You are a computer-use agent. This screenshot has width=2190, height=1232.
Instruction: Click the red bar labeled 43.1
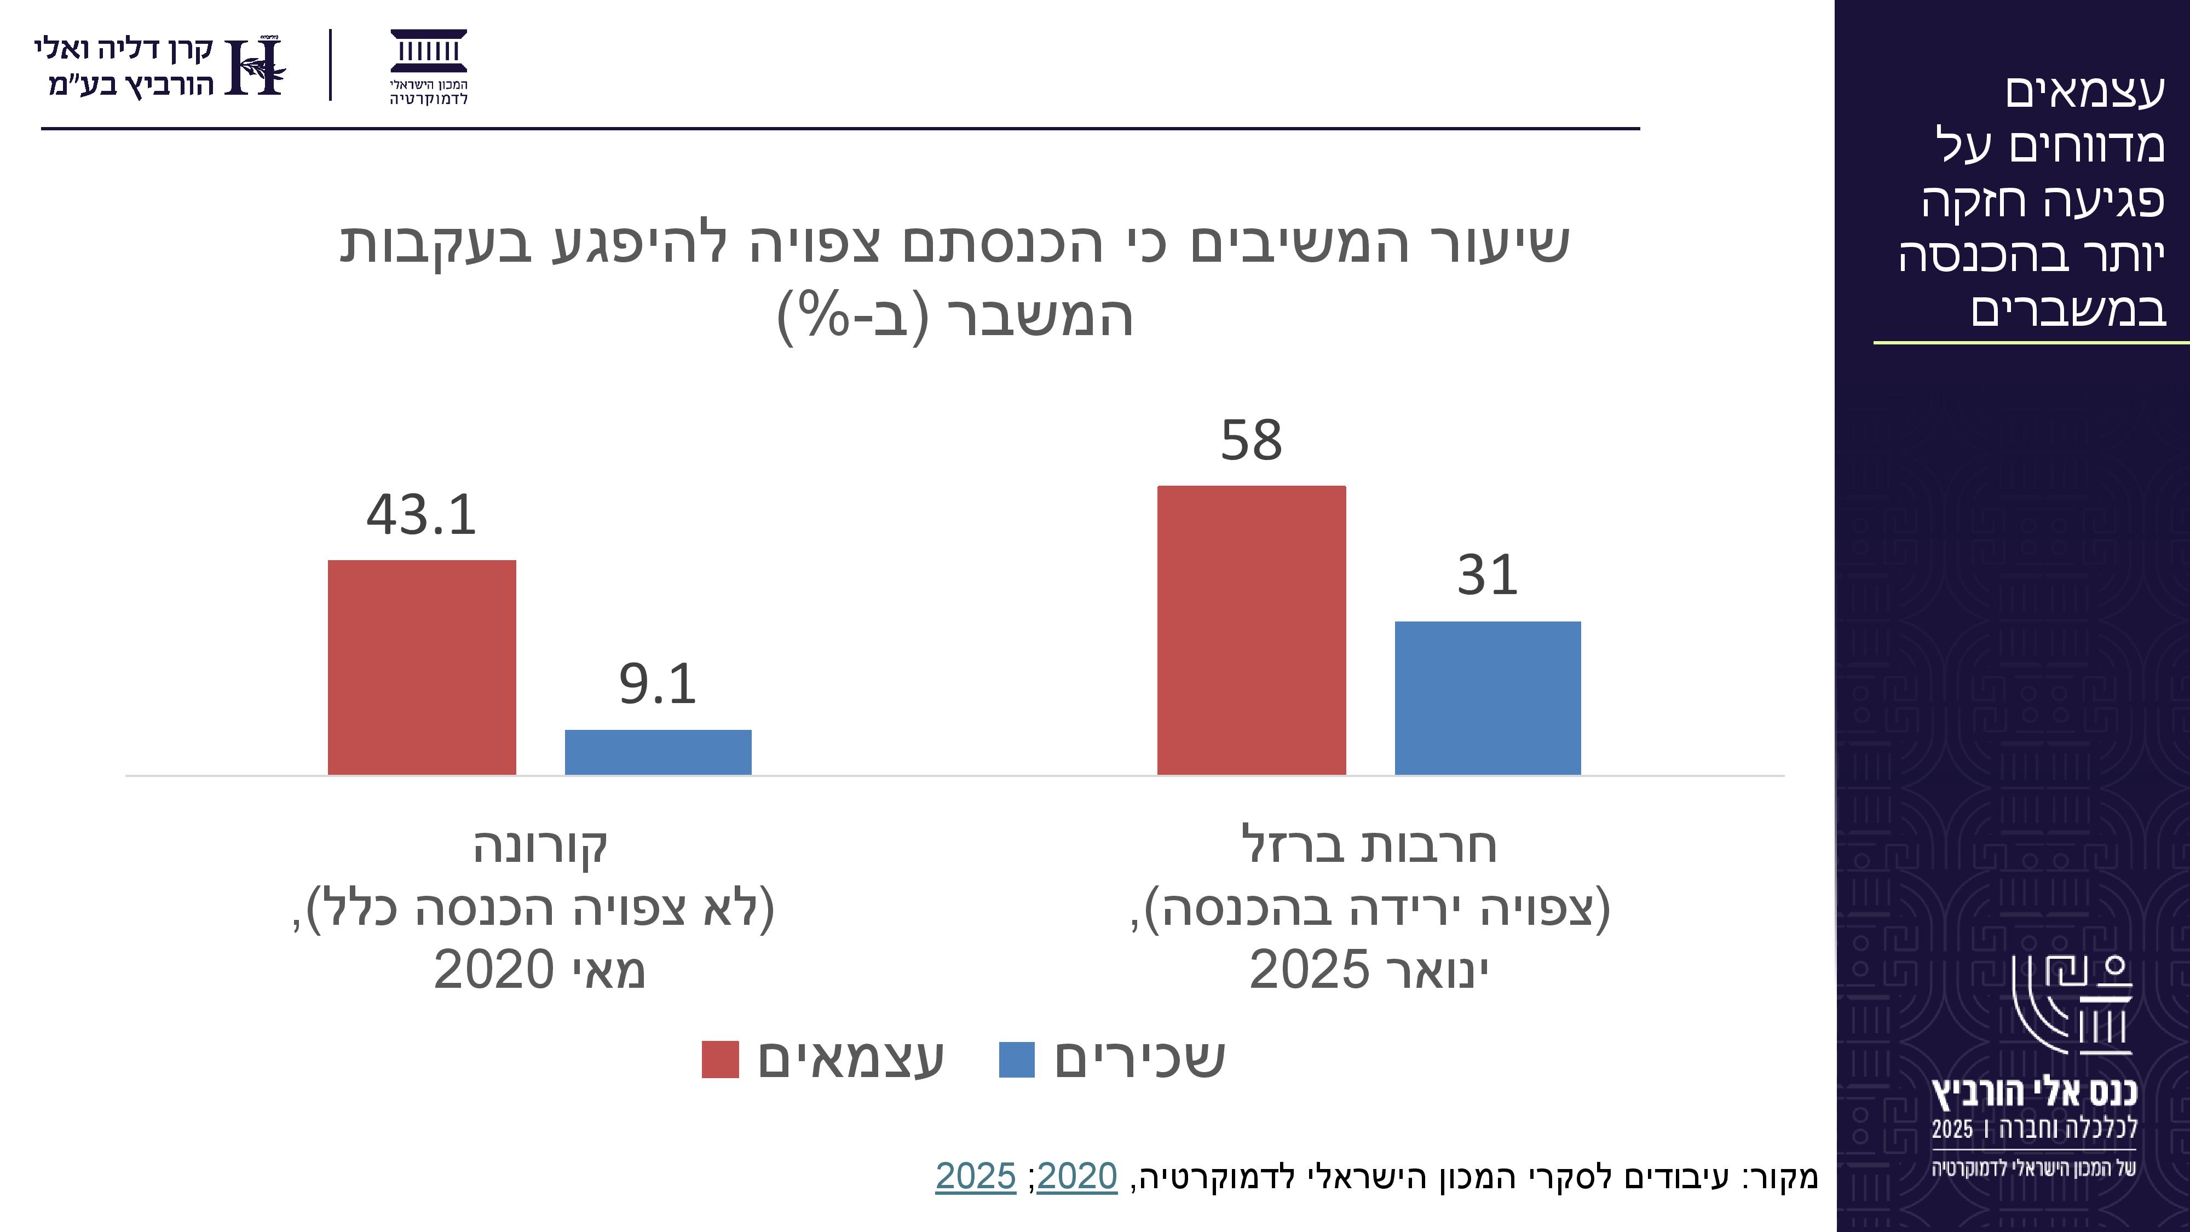point(422,667)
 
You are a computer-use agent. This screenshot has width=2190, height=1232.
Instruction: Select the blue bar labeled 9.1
point(658,752)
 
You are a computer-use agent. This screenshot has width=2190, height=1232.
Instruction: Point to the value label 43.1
point(422,515)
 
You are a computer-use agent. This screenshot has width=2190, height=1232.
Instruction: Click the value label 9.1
point(658,684)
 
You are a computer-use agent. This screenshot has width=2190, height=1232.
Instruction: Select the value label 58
point(1252,440)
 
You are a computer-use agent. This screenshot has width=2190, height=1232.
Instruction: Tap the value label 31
point(1488,575)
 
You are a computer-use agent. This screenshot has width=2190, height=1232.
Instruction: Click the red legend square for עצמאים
point(720,1060)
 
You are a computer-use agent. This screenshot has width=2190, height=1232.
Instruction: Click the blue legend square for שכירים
point(1017,1060)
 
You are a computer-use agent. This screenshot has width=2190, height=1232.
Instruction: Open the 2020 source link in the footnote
point(1076,1177)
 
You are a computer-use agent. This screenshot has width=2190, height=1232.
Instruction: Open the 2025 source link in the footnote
point(976,1177)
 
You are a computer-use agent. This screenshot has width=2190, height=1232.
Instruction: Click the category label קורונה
point(541,847)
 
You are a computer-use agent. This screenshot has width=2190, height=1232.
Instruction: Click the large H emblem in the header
point(255,66)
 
